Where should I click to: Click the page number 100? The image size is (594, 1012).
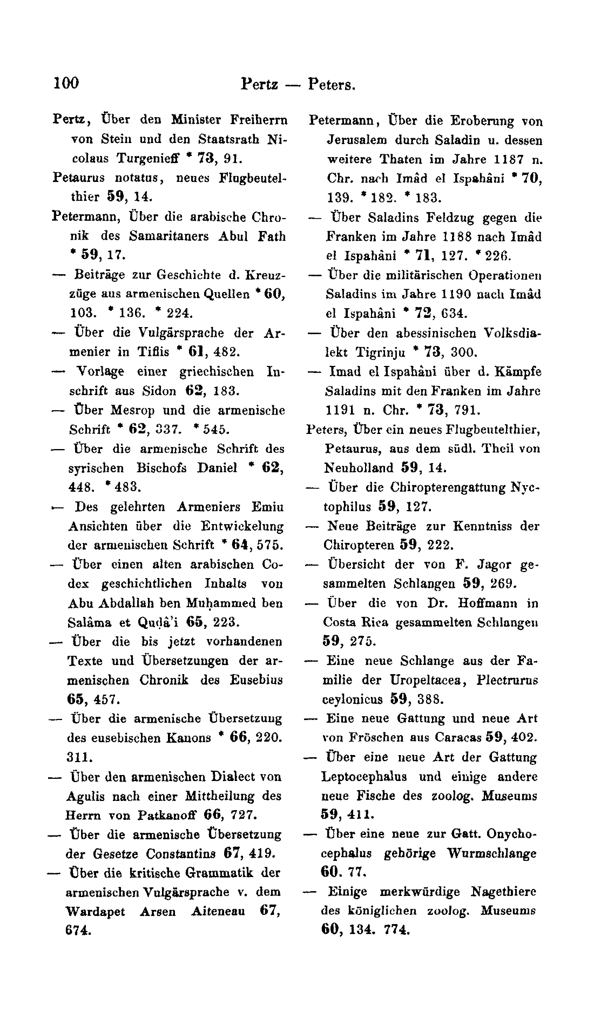pos(66,83)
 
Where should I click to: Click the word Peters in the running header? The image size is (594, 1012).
pos(331,85)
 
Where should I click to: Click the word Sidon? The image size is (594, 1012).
pos(159,391)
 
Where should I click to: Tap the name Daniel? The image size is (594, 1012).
pos(217,468)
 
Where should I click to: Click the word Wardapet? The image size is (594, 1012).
pos(95,912)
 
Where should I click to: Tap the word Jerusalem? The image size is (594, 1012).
pos(356,140)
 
